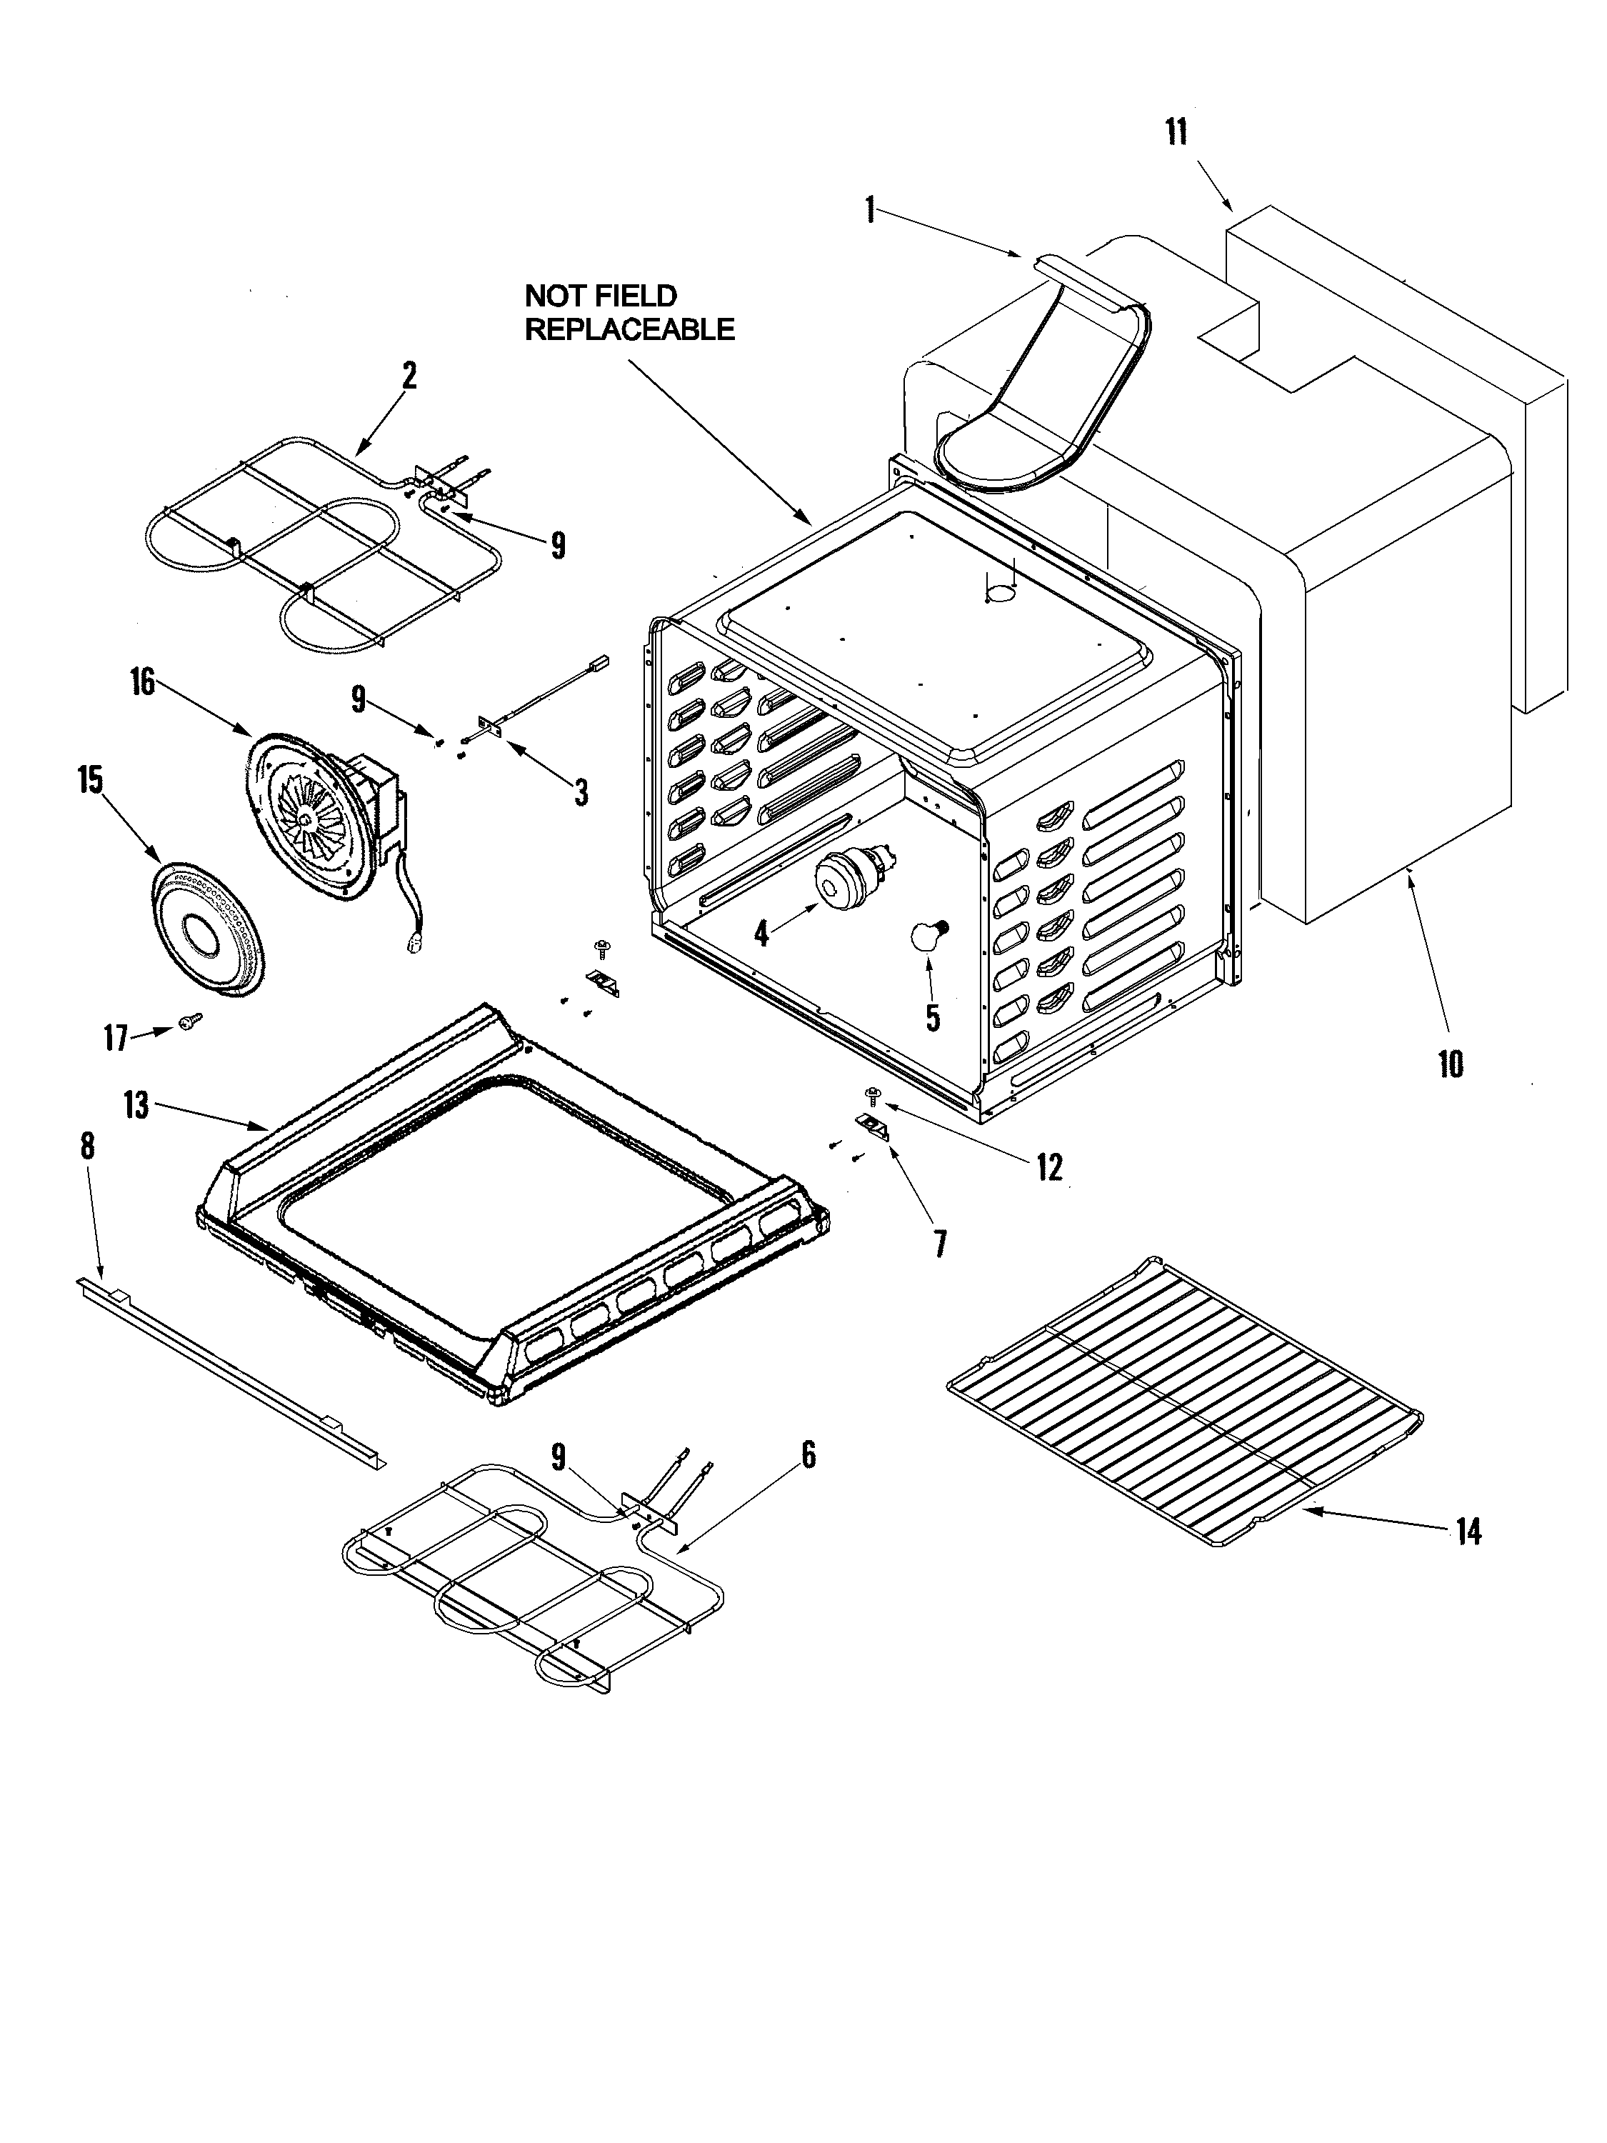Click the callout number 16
point(141,682)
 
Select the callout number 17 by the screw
point(115,1039)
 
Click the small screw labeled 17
point(188,1020)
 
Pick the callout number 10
point(1449,1065)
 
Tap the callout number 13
point(136,1104)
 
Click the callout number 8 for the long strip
point(87,1146)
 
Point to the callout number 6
point(808,1455)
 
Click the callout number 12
point(1049,1167)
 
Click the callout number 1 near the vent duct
point(870,209)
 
